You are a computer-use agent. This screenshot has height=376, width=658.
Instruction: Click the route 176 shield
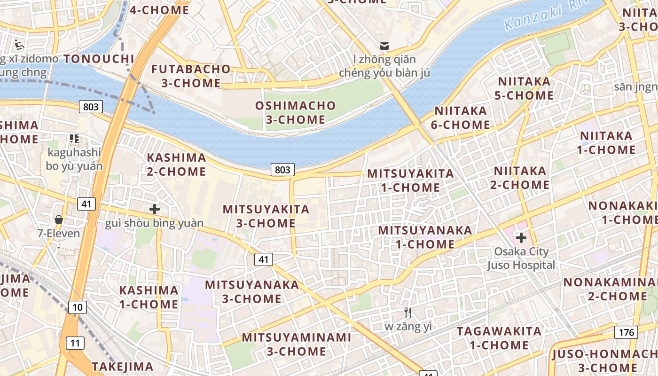click(626, 332)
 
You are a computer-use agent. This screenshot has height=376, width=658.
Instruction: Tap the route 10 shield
click(78, 307)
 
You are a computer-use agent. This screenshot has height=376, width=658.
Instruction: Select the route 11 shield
click(75, 343)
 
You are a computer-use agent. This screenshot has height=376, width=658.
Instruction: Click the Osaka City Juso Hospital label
click(521, 258)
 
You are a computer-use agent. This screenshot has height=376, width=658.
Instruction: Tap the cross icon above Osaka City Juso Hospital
click(521, 237)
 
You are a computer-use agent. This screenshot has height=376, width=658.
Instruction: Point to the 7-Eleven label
click(59, 233)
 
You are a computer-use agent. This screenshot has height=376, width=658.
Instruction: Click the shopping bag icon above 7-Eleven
click(59, 219)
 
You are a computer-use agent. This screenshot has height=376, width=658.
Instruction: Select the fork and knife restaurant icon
click(408, 312)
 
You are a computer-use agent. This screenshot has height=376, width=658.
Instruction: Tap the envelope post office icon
click(384, 46)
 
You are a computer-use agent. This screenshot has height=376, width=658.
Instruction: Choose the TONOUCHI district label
click(99, 59)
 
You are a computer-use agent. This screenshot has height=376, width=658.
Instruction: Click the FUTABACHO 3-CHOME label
click(191, 76)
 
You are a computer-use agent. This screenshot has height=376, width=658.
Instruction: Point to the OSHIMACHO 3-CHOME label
click(296, 112)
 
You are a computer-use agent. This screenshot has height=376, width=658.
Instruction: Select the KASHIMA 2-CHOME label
click(176, 164)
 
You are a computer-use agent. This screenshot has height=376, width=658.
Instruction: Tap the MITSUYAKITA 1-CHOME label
click(410, 180)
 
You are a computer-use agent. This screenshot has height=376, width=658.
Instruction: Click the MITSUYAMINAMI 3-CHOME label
click(297, 344)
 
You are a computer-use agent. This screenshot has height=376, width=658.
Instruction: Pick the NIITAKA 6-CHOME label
click(461, 117)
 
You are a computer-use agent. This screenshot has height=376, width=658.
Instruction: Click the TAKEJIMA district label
click(122, 366)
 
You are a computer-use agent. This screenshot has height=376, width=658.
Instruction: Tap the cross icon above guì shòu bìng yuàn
click(154, 209)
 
